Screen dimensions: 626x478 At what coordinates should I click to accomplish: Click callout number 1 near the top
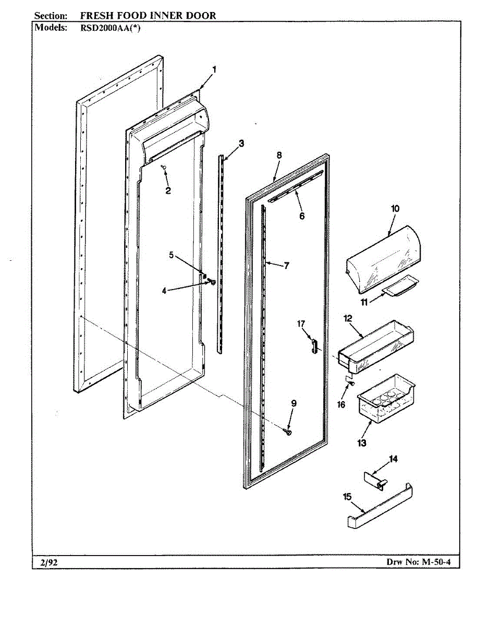214,69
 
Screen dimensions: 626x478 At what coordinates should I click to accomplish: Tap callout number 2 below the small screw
168,191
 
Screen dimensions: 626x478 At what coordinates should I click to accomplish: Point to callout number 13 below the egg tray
362,443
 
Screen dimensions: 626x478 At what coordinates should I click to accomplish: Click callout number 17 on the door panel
301,324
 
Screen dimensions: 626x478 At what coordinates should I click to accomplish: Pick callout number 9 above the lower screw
293,403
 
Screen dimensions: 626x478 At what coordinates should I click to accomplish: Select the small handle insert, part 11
400,285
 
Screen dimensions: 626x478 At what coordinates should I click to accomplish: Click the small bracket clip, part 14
375,479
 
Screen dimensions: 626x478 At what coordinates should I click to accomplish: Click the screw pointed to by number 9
287,431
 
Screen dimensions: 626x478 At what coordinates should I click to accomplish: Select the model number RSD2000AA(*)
110,28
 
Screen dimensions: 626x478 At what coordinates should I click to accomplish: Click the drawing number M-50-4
436,562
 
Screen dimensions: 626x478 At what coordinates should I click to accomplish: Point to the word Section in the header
50,15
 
